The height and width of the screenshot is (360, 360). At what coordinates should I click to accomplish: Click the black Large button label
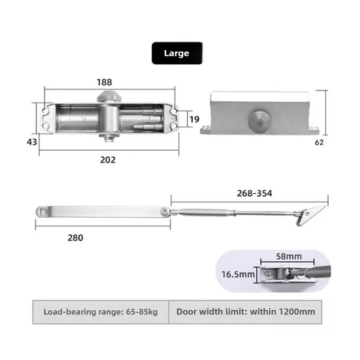[x=176, y=53]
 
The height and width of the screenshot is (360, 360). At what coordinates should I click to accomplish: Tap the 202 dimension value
[x=107, y=160]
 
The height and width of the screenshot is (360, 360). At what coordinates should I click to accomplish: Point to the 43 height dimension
[x=32, y=142]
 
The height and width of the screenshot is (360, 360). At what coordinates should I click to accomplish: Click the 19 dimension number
[x=194, y=119]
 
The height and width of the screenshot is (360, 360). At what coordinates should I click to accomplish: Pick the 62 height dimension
[x=320, y=143]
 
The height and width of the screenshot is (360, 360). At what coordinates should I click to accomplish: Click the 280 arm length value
[x=75, y=237]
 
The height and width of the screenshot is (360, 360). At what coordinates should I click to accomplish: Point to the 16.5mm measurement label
[x=236, y=274]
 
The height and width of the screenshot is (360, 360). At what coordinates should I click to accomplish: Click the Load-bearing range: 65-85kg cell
[x=100, y=311]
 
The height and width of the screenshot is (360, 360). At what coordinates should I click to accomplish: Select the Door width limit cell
[x=245, y=311]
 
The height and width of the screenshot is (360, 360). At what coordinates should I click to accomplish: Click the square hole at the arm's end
[x=43, y=212]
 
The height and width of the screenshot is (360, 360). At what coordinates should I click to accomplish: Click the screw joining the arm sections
[x=164, y=211]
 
